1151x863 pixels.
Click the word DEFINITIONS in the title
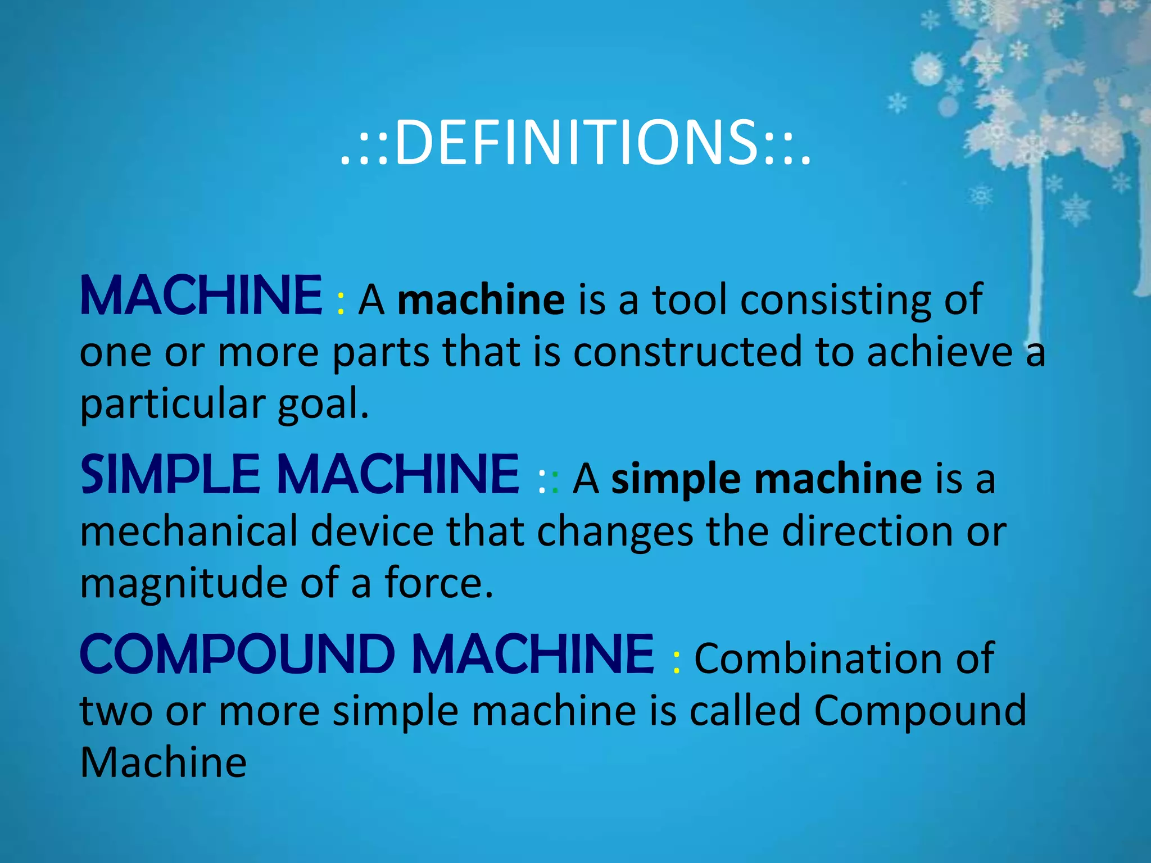point(575,143)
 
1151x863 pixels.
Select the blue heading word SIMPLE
point(170,475)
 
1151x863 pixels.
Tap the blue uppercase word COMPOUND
point(237,654)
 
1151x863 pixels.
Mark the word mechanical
point(188,531)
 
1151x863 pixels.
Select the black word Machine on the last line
point(163,762)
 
